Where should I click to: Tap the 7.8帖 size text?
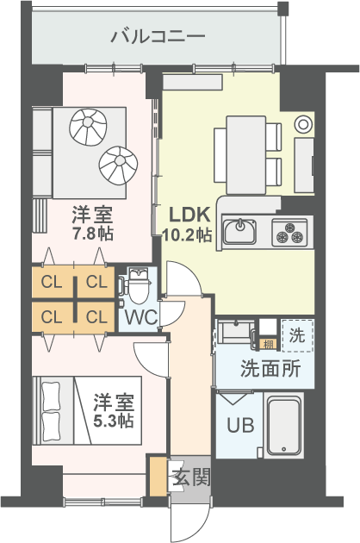[x=93, y=234]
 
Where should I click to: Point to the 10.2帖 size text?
[x=187, y=234]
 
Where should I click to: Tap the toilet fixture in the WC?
[x=139, y=286]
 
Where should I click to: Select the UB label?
[x=239, y=425]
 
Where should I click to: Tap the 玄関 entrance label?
[x=189, y=477]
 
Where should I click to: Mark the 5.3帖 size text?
[x=114, y=421]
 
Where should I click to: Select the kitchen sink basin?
[x=239, y=231]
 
